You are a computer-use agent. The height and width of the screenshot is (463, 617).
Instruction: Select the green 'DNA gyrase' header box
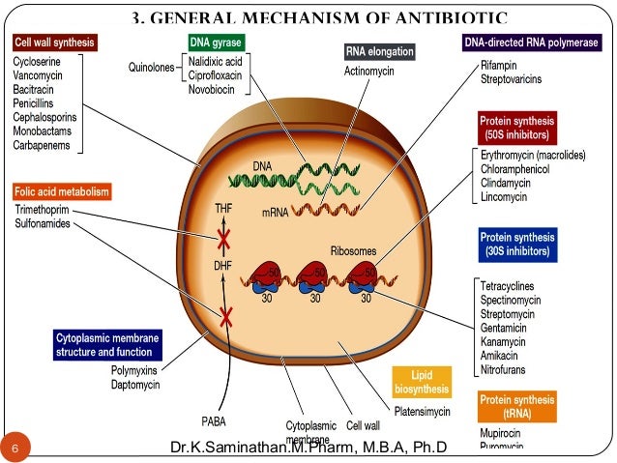(x=215, y=43)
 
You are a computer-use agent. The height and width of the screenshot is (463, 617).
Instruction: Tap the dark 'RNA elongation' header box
(x=380, y=50)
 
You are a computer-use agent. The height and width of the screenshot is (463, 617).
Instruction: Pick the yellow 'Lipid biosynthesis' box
(x=423, y=383)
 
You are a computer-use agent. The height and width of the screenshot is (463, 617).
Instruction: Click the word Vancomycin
(x=41, y=73)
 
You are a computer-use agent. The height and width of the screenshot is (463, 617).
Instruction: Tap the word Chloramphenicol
(x=518, y=167)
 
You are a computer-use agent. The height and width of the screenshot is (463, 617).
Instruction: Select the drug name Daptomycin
(x=138, y=386)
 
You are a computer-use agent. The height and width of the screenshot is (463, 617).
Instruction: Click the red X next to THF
(x=225, y=238)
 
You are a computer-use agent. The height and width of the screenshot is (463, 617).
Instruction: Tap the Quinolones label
(x=152, y=68)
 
